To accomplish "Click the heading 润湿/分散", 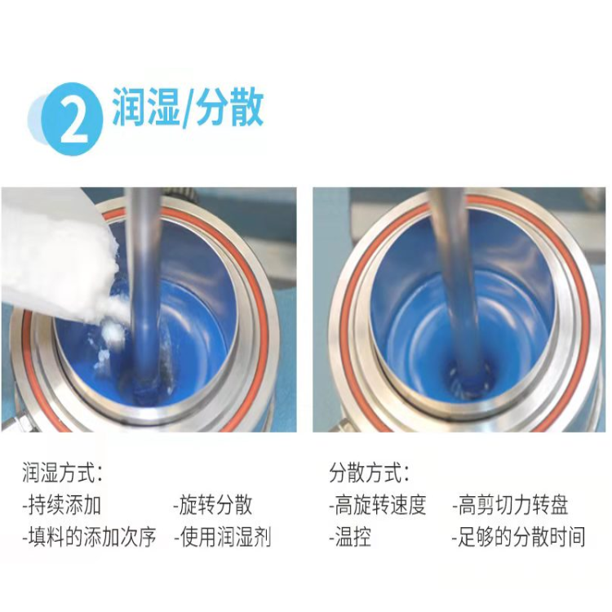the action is click(x=188, y=107).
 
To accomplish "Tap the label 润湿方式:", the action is click(x=63, y=472).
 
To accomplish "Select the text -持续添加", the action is click(x=62, y=505).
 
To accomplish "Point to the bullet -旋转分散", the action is click(x=213, y=505).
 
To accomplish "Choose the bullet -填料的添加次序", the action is click(x=90, y=537).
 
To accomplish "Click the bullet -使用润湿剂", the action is click(x=223, y=537).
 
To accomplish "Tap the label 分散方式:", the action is click(x=369, y=472).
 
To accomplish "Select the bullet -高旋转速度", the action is click(x=378, y=505).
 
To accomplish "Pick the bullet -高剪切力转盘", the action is click(x=510, y=505).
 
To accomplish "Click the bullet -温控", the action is click(x=350, y=537).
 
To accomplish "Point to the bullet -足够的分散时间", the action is click(x=519, y=537).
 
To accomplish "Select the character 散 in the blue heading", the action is click(x=246, y=107).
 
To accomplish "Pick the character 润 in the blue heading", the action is click(x=129, y=107).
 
